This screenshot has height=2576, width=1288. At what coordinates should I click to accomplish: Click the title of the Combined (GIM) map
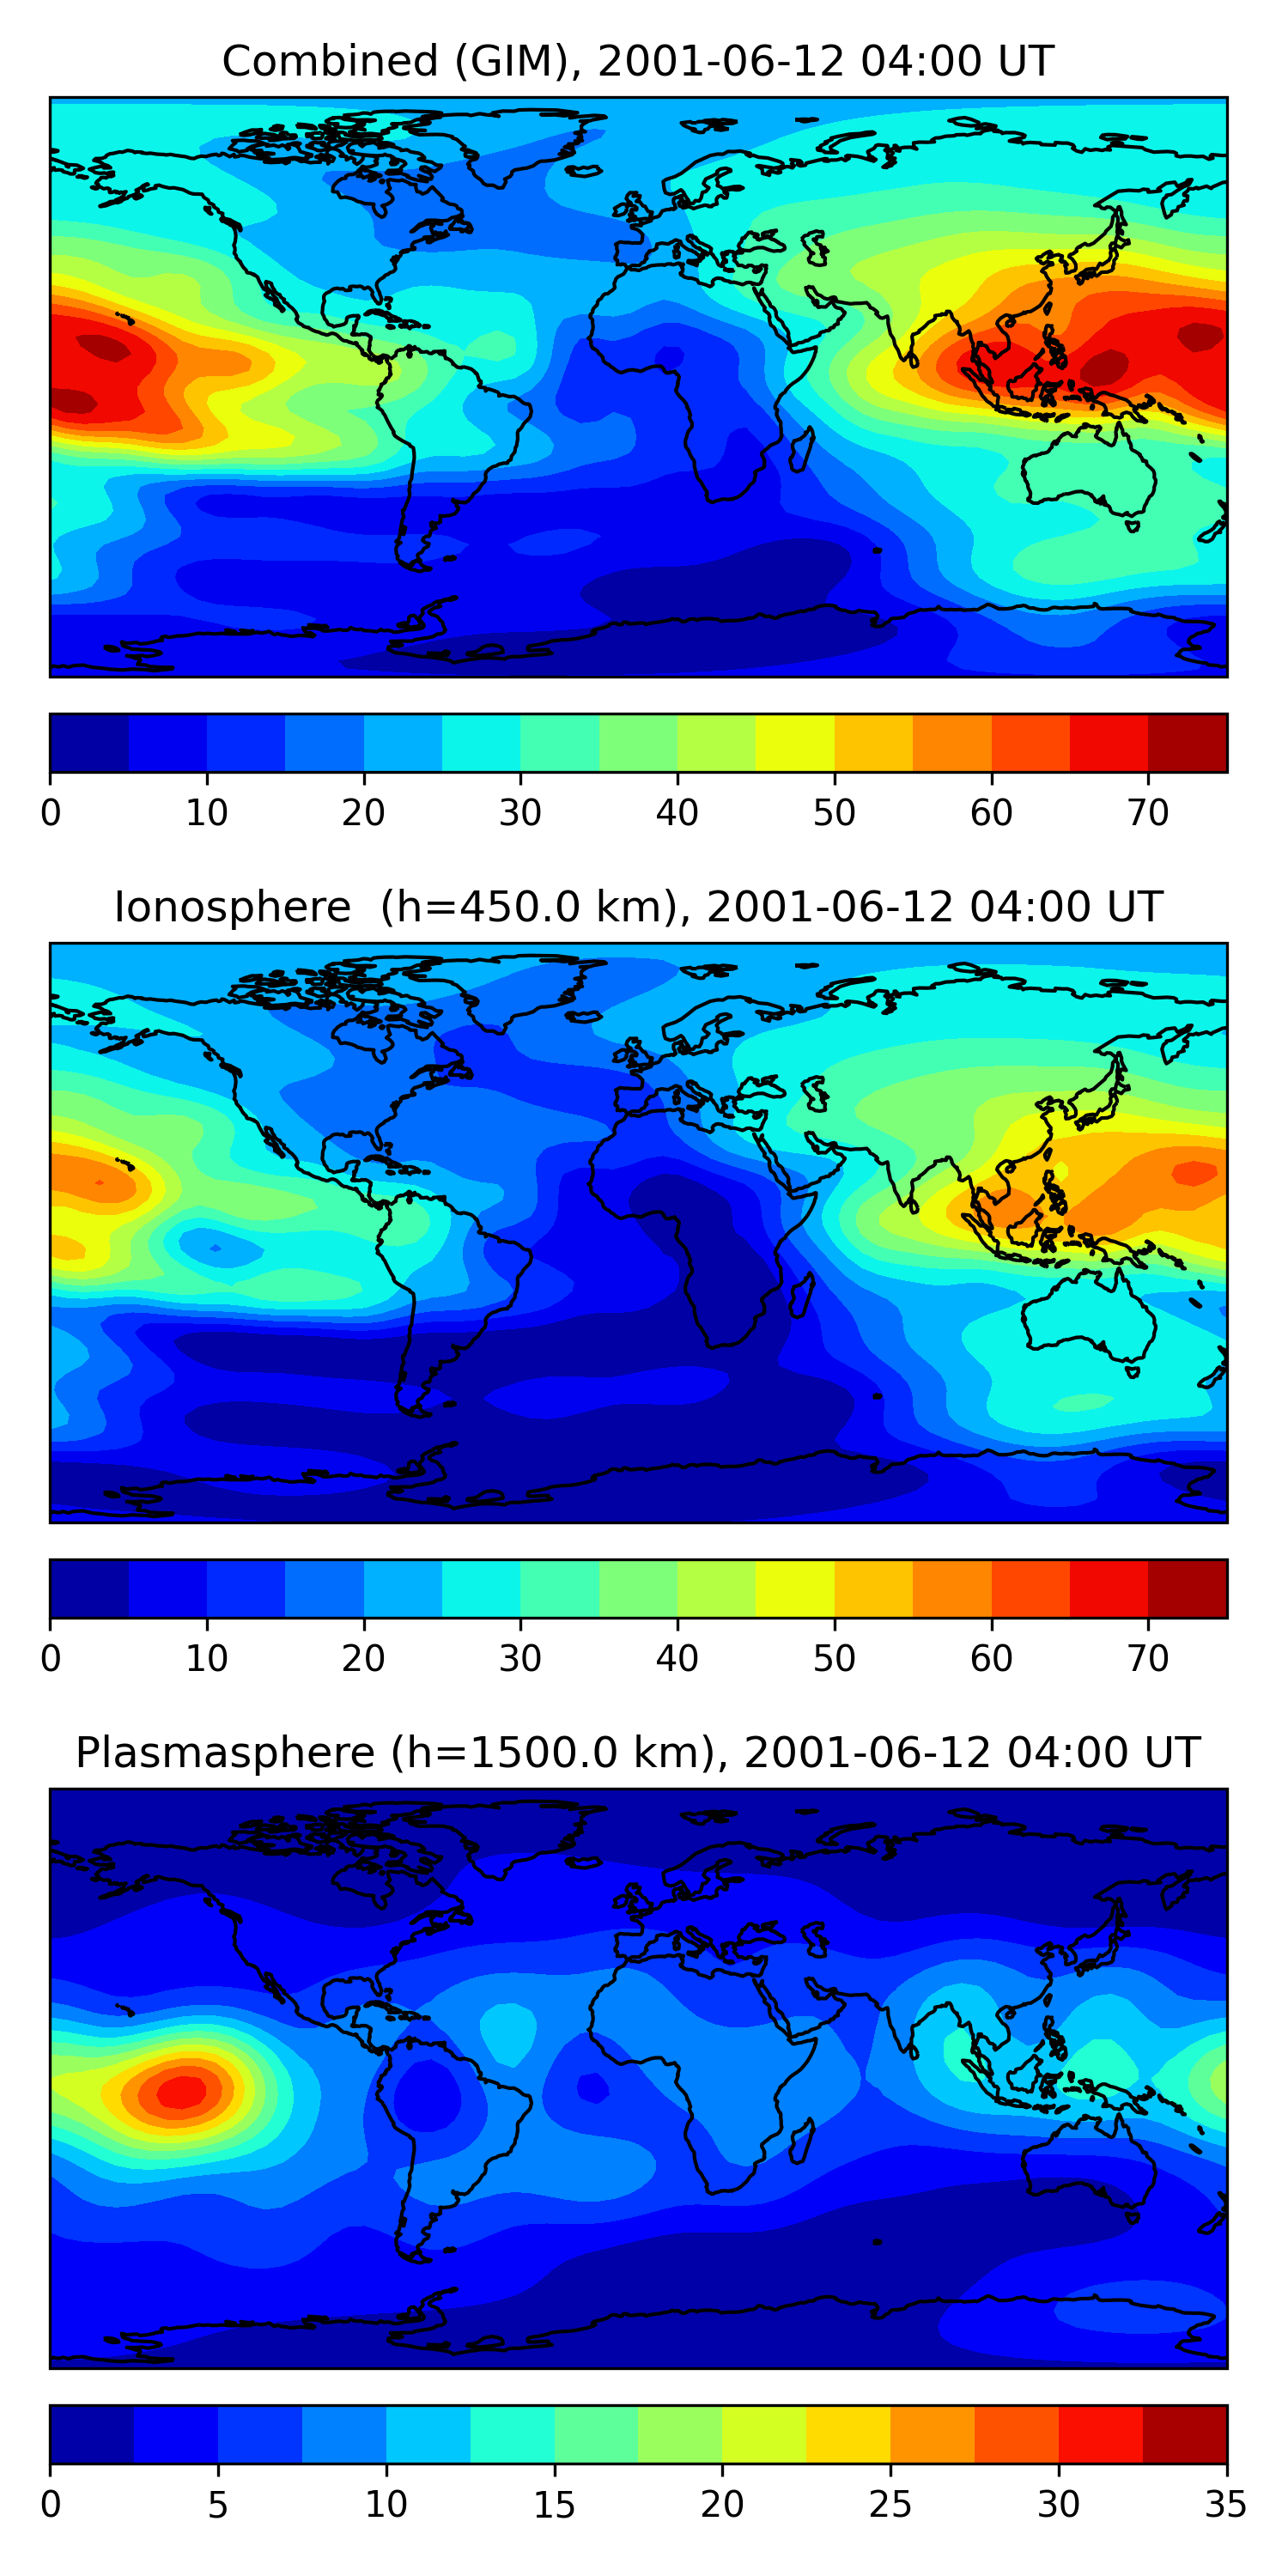coord(637,61)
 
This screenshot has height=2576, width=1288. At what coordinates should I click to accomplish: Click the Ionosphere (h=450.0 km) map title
coord(637,907)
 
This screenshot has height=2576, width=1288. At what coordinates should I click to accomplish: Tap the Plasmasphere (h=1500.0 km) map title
coord(637,1753)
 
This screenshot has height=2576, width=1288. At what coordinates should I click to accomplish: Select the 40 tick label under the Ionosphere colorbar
coord(677,1658)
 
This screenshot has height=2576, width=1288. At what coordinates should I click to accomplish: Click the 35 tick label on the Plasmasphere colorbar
coord(1225,2504)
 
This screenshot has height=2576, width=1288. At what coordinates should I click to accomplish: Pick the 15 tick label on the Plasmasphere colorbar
coord(554,2504)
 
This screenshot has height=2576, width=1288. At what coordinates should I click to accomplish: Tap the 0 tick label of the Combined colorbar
coord(51,812)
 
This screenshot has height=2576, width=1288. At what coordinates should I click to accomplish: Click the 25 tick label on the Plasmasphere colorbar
coord(890,2504)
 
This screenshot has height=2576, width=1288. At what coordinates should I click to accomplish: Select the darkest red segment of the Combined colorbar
coord(1187,743)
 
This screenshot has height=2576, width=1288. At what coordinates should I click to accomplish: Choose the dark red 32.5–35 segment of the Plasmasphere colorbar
coord(1184,2434)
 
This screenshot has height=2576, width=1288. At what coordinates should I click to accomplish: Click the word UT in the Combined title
coord(1025,61)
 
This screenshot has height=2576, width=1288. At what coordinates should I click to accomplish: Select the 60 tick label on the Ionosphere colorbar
coord(991,1658)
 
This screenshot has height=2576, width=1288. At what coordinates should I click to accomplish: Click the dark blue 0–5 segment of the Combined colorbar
coord(90,743)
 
